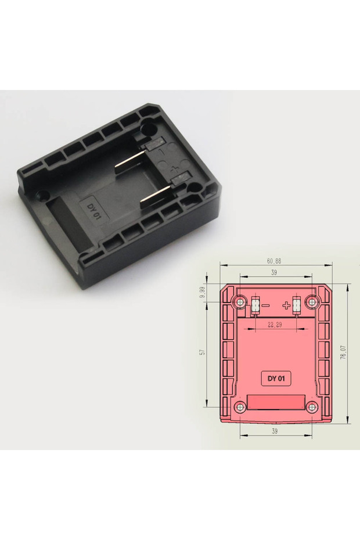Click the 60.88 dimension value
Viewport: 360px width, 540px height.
point(274,261)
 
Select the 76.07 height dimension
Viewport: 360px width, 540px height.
point(343,352)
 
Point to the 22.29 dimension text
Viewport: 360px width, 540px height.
point(274,325)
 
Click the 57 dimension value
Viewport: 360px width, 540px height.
point(203,352)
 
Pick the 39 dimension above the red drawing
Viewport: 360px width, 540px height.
point(274,272)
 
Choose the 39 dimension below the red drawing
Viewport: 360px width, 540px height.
point(275,431)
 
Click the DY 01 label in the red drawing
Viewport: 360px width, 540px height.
point(276,379)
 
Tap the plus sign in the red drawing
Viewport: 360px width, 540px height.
point(286,305)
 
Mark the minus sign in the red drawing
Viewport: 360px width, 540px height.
point(266,305)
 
